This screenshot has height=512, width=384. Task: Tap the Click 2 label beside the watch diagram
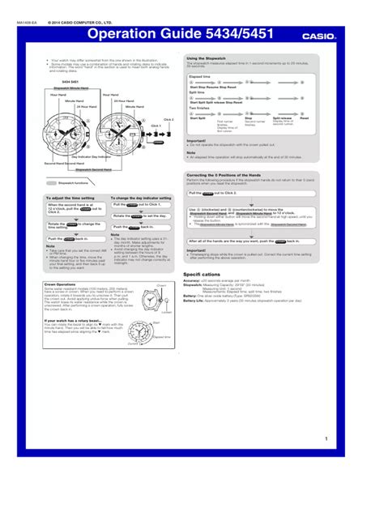pyautogui.click(x=168, y=118)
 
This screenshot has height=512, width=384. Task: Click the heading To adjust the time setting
pyautogui.click(x=69, y=198)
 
